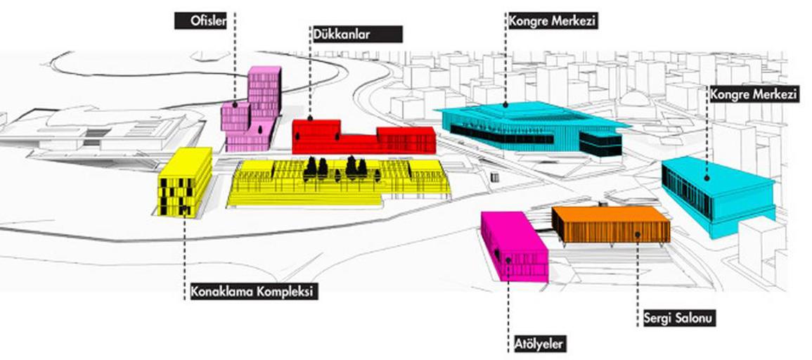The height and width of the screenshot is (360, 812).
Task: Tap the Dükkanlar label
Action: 356,34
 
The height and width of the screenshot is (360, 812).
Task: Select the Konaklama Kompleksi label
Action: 252,291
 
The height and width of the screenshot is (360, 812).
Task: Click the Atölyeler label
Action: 538,343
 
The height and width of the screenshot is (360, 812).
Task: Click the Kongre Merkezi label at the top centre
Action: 553,21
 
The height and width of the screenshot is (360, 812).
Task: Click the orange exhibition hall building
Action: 611,224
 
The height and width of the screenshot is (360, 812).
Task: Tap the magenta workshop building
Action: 514,247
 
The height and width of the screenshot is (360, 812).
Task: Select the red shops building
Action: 363,137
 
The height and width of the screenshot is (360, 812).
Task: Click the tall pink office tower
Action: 252,110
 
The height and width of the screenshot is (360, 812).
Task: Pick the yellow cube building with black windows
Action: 185,182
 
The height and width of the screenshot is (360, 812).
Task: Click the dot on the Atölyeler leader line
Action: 508,259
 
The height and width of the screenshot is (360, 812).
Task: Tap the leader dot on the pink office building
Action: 235,105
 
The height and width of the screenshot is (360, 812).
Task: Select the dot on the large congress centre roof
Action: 505,105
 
